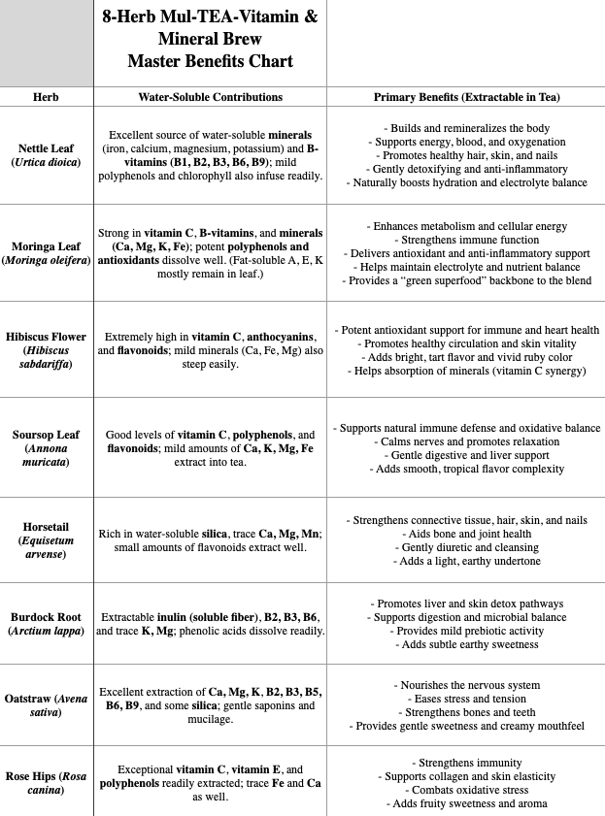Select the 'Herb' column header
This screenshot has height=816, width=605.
coord(46,97)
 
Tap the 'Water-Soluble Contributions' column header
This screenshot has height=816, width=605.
coord(210,97)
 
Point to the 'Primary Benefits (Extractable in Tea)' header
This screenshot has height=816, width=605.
coord(466,97)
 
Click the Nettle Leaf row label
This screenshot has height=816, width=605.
coord(46,155)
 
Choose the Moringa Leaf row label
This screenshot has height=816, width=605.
coord(46,252)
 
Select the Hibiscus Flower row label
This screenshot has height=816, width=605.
coord(46,349)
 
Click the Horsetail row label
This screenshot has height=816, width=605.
coord(46,540)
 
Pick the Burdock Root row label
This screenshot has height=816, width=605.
coord(46,624)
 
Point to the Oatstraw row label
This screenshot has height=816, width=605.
coord(46,705)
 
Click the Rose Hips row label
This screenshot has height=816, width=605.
coord(46,782)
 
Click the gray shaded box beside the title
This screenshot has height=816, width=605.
coord(47,44)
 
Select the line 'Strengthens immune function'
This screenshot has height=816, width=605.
coord(466,239)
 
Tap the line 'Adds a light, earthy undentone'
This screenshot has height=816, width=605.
coord(466,561)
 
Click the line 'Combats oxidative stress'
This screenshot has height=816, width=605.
coord(466,790)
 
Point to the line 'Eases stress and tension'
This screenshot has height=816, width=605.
coord(466,699)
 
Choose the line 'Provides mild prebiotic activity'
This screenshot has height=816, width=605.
coord(466,631)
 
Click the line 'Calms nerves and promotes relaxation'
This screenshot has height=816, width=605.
coord(466,441)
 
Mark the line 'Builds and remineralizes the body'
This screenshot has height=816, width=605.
coord(466,128)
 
